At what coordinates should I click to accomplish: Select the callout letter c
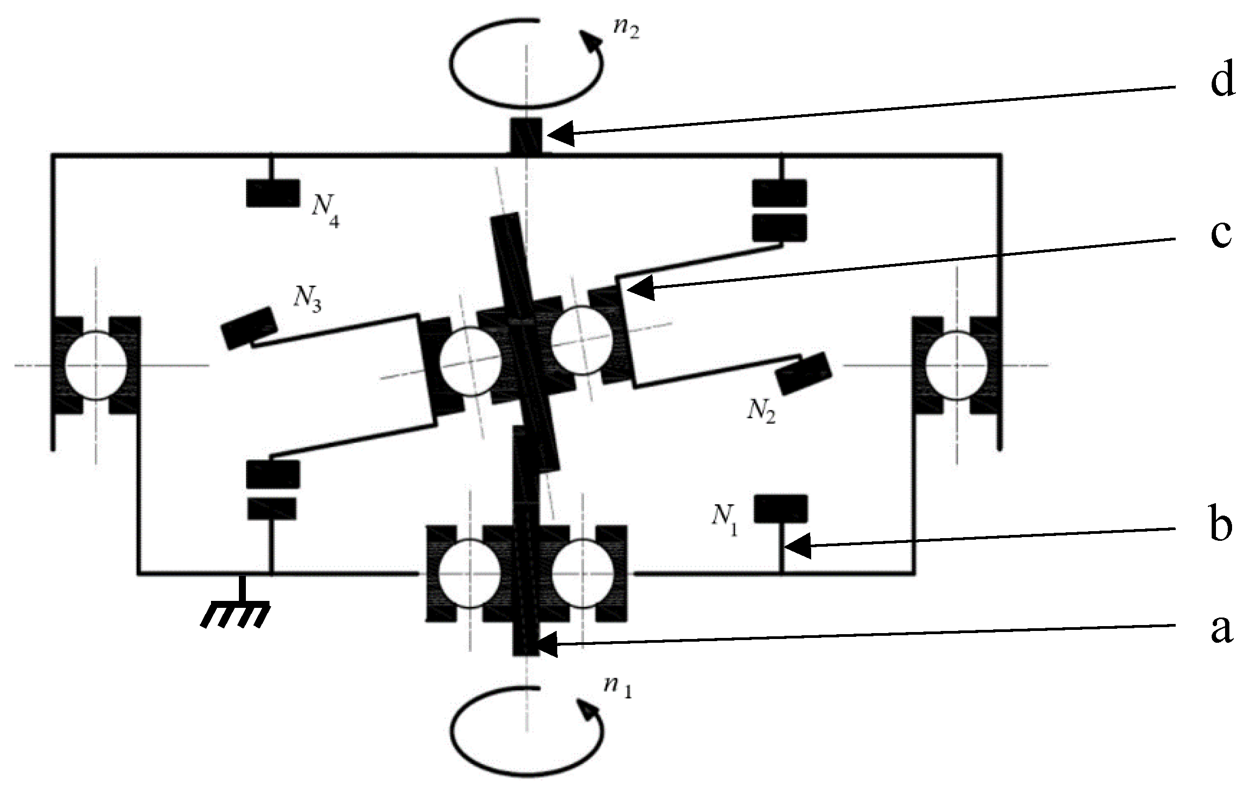(x=1221, y=234)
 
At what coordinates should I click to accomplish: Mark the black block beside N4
(x=273, y=193)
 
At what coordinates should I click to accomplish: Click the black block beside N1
(x=781, y=508)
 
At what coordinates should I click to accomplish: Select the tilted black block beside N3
(x=249, y=327)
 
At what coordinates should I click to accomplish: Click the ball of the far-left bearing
(x=96, y=365)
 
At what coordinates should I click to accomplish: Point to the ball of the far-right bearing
(x=956, y=365)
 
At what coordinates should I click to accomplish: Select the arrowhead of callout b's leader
(x=797, y=548)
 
